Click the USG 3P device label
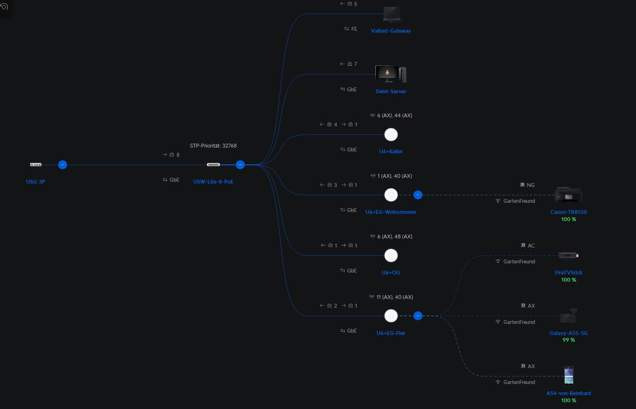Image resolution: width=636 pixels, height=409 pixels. pos(36,182)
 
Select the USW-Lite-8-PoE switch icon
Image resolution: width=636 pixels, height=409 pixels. pos(213,165)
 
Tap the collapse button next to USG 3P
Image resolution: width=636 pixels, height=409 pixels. pos(62,165)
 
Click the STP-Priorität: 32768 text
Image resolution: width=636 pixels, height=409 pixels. pos(213,146)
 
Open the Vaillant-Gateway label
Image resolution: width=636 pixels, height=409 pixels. pos(391,31)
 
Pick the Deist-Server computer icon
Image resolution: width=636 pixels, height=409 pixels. pos(391,74)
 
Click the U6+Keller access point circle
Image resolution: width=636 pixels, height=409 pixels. pos(391,135)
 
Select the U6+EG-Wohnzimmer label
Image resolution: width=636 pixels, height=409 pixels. pos(391,212)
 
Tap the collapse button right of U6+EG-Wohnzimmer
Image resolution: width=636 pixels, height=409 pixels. pos(418,195)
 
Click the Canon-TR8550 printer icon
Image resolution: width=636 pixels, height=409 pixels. pos(568,195)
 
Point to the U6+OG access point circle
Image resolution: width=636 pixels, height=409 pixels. pos(391,256)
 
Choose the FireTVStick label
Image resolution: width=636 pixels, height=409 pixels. pos(568,273)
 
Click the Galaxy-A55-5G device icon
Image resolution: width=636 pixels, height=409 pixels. pos(569,316)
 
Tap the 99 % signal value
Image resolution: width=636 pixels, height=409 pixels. pos(568,340)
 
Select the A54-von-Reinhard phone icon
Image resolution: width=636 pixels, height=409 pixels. pos(569,376)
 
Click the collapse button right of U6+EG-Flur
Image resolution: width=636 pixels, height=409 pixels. pos(418,316)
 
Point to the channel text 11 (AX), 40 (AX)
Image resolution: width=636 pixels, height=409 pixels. pos(395,297)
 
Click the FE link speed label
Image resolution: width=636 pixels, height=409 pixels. pos(354,29)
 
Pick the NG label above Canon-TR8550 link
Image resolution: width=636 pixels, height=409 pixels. pos(530,185)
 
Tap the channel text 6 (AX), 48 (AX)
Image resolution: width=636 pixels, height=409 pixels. pos(395,236)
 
